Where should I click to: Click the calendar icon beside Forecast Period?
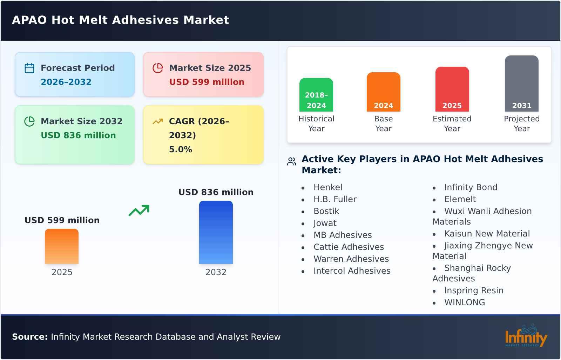(29, 68)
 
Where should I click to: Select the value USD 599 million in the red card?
(207, 82)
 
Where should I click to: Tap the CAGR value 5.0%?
(180, 149)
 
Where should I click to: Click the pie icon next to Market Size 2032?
(29, 121)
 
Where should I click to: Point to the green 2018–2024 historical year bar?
(316, 95)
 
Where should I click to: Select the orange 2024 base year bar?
(383, 92)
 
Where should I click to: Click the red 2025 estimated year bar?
(452, 89)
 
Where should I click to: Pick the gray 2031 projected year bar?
(521, 84)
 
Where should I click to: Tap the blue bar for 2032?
(216, 232)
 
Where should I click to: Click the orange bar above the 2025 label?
(62, 246)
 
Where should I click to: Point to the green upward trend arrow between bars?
(139, 211)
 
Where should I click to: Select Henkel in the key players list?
(328, 187)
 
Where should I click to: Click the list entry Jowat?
(325, 223)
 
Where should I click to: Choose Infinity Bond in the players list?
(471, 187)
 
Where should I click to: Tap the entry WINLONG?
(465, 302)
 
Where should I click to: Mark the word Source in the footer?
(29, 337)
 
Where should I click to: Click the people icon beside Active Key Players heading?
(291, 161)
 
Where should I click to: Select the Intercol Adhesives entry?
(352, 271)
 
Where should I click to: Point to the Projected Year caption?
(521, 124)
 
